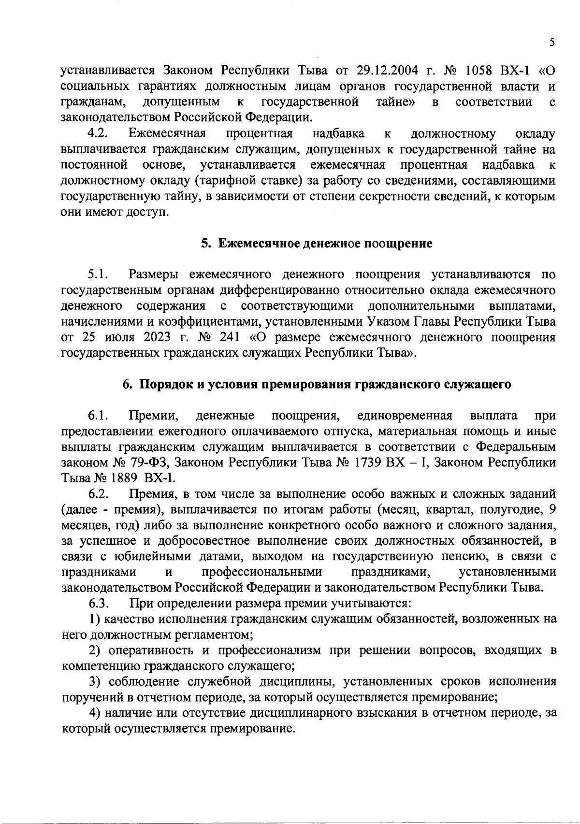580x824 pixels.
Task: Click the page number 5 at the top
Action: pyautogui.click(x=551, y=43)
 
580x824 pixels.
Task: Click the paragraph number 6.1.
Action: pyautogui.click(x=98, y=416)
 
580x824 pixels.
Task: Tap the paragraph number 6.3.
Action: pyautogui.click(x=98, y=603)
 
